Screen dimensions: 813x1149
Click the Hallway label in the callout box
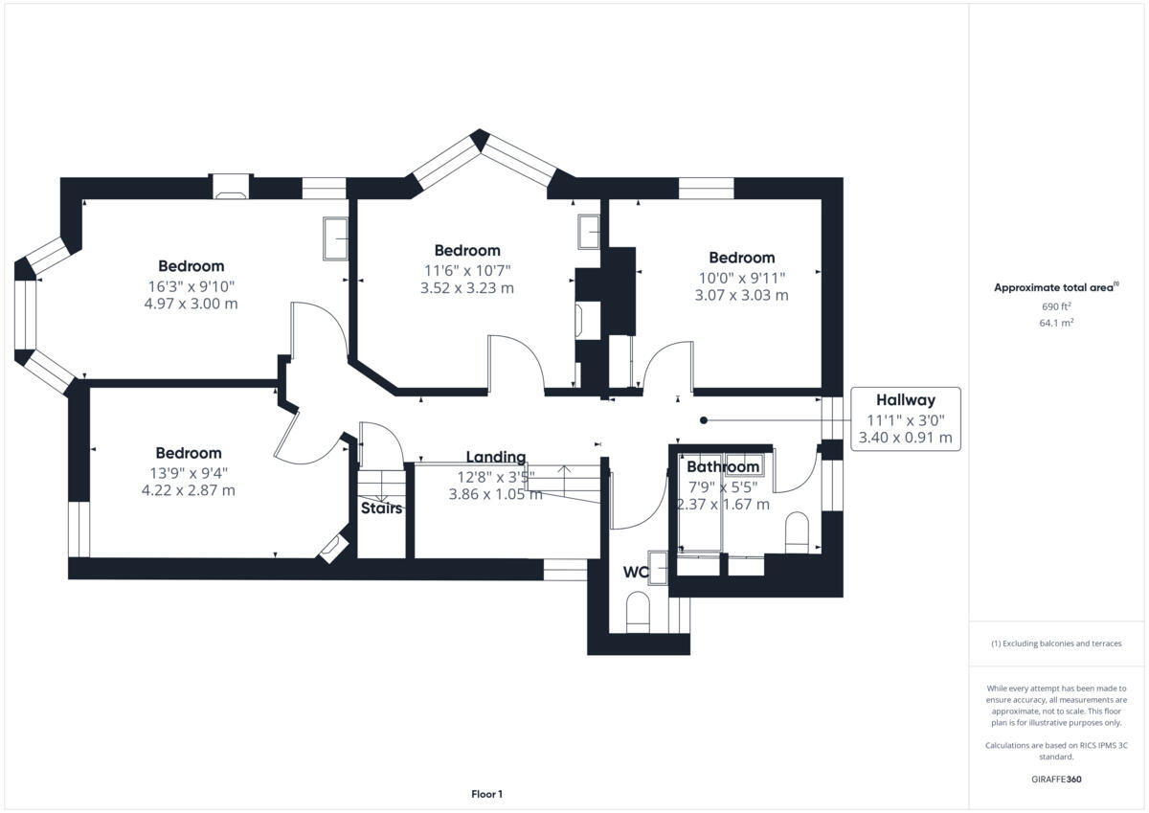(x=905, y=400)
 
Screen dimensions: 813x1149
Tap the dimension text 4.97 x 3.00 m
(x=191, y=304)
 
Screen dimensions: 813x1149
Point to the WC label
(x=636, y=573)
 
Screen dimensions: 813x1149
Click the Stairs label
(x=381, y=508)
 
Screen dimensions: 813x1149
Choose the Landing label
(x=495, y=457)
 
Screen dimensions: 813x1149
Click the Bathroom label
(x=723, y=467)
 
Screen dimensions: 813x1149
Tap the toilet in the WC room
(x=638, y=610)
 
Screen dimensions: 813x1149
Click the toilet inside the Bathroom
(x=797, y=531)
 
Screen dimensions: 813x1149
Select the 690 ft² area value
(x=1056, y=306)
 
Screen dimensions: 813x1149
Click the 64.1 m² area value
(x=1056, y=324)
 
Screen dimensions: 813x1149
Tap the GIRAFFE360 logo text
(x=1056, y=779)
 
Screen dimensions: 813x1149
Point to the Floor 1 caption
(x=486, y=794)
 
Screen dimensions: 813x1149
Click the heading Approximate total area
(x=1053, y=287)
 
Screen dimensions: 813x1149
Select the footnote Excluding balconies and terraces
(x=1056, y=644)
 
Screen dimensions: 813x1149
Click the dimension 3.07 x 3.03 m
(x=741, y=295)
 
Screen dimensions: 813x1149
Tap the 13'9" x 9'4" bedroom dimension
(x=189, y=472)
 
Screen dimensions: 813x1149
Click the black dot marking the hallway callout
(x=704, y=419)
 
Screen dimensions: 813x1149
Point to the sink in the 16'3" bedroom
(x=335, y=238)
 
